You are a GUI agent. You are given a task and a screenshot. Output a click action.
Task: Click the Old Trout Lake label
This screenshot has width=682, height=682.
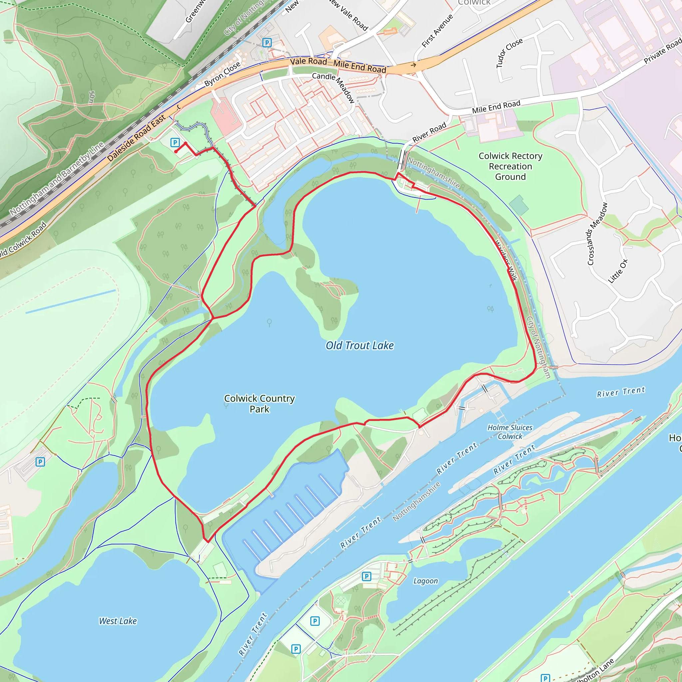coord(359,345)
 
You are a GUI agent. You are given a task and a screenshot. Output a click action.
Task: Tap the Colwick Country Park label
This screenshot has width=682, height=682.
coord(259,404)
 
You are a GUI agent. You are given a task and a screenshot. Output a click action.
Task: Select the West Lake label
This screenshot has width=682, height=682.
coord(118,621)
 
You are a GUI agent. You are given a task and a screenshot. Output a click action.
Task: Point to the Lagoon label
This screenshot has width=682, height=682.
coord(425,581)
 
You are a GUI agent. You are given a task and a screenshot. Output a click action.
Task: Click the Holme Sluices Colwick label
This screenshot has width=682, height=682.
coord(510,432)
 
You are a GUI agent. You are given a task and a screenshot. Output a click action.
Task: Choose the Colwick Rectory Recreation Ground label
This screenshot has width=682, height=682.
coord(510,166)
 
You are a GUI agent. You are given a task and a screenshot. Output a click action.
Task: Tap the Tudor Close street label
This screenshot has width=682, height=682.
coord(509,53)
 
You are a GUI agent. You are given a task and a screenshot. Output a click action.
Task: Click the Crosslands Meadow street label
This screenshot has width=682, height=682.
coord(597,234)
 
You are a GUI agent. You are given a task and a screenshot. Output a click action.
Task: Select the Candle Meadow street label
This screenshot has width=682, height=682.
coord(333,87)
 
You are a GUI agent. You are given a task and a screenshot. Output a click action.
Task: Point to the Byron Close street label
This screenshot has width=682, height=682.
coord(222,74)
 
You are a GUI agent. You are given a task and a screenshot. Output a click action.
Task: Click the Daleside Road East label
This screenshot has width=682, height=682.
coord(136,138)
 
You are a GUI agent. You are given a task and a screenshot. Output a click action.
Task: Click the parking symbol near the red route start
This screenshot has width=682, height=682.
coord(175,142)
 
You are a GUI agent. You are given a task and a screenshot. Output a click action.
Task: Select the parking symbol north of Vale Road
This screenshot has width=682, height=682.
coord(267,43)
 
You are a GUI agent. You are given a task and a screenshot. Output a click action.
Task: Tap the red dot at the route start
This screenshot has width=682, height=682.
coord(176,152)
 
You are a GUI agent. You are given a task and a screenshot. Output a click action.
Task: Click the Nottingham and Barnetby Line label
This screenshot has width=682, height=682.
coord(57,178)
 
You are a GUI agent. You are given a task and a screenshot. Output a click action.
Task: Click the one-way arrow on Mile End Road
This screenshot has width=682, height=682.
coord(413,65)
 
